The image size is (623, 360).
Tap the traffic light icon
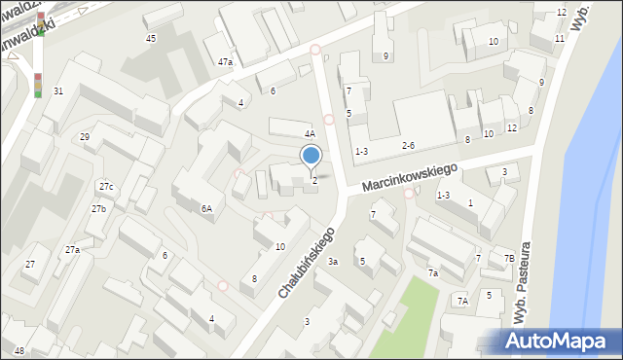click(38, 85)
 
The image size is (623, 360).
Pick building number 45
click(150, 38)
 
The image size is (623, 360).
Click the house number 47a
click(225, 62)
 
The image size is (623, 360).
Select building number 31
click(58, 90)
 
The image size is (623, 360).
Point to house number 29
click(85, 137)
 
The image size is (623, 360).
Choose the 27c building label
click(105, 186)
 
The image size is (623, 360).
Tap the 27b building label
click(98, 209)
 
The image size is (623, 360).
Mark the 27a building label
click(72, 250)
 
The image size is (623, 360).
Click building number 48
click(19, 350)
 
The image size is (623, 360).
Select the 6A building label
click(206, 208)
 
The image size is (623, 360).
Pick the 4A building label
click(310, 134)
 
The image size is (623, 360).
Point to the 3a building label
click(332, 262)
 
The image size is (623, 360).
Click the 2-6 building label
click(409, 146)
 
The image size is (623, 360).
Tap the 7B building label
click(508, 258)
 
